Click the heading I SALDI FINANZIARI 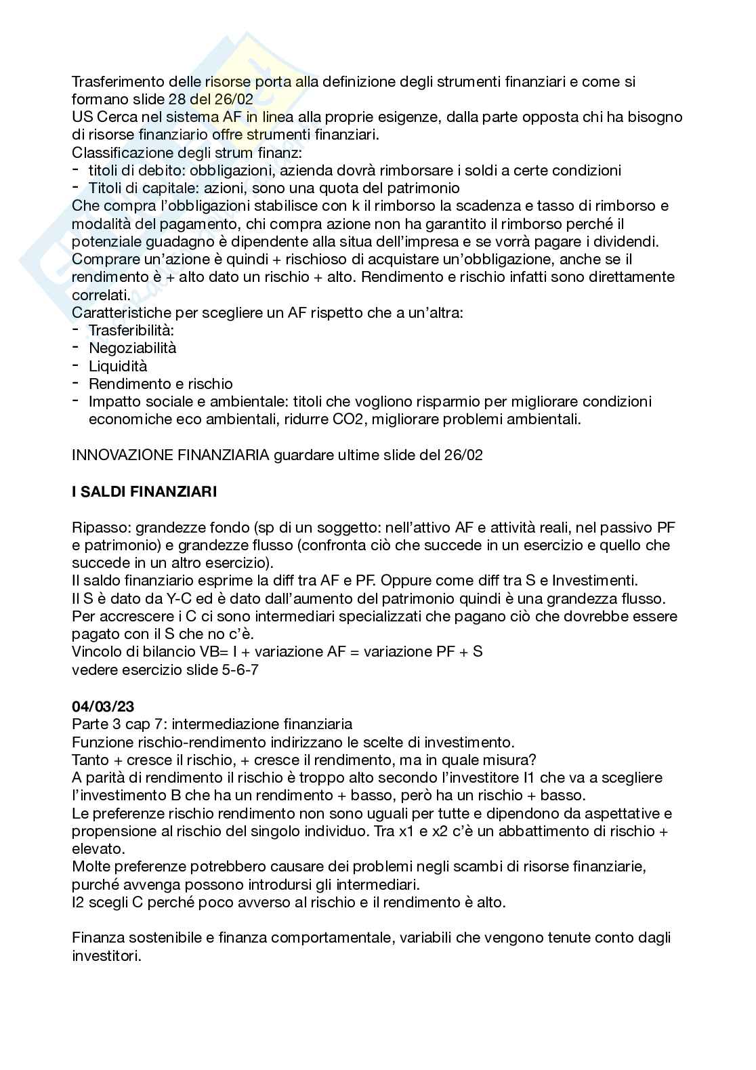click(x=144, y=492)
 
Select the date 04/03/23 click(x=102, y=707)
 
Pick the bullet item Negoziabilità click(x=132, y=348)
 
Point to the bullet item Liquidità click(x=118, y=366)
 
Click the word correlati click(x=99, y=295)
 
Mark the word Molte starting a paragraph click(x=90, y=866)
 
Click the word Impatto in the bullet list click(x=113, y=402)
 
